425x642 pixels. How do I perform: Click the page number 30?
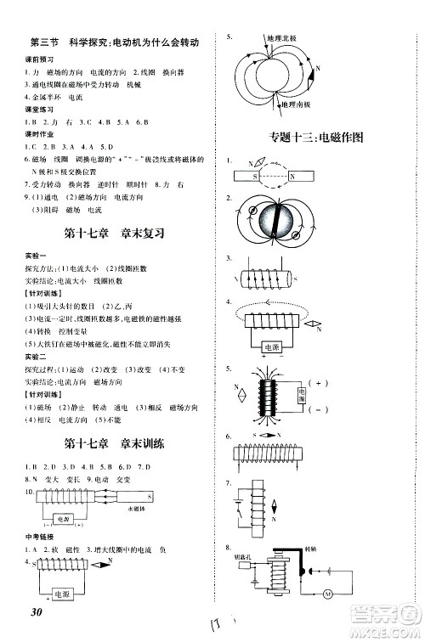click(34, 614)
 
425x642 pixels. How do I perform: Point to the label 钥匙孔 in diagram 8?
click(236, 559)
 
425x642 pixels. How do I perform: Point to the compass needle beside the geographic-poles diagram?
click(311, 74)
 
